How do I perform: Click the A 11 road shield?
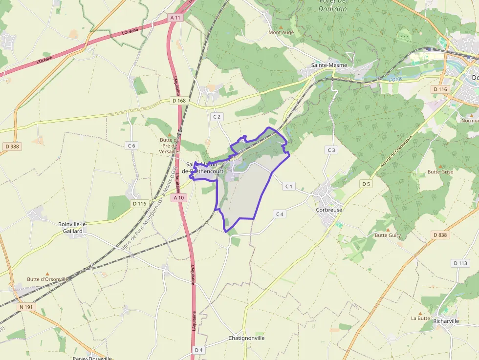click(175, 18)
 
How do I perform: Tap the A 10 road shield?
click(179, 198)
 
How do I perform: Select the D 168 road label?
click(179, 101)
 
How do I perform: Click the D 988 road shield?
click(13, 146)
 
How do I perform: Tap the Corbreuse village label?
click(329, 210)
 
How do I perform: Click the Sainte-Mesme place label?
click(329, 65)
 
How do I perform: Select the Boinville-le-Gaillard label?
click(72, 228)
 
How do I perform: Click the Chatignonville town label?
click(246, 338)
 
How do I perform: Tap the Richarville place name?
click(446, 321)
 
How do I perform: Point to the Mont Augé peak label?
click(282, 32)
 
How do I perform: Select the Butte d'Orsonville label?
click(47, 279)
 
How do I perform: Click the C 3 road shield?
click(331, 150)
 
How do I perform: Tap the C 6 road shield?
click(131, 145)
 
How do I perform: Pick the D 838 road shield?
click(440, 235)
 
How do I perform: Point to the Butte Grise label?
click(440, 172)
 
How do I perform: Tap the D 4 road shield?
click(198, 350)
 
